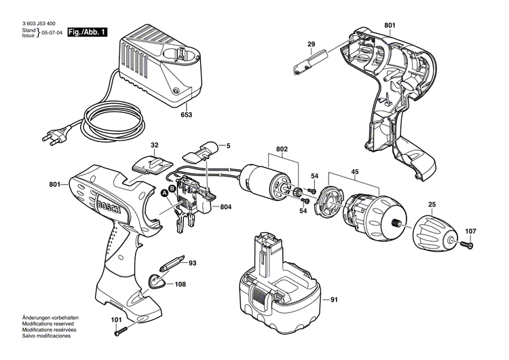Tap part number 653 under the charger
point(186,115)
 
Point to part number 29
point(311,46)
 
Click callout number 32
point(154,145)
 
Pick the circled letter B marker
point(172,187)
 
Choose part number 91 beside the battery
point(333,300)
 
